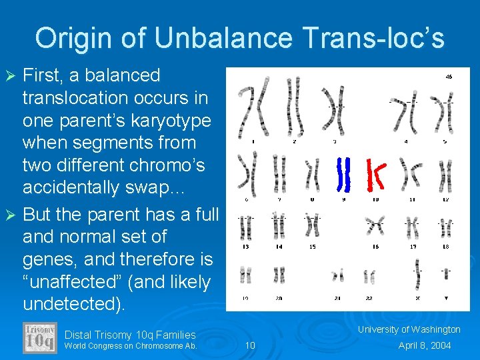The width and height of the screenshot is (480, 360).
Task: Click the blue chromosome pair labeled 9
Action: (343, 174)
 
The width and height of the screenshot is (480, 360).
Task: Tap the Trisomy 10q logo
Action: (40, 338)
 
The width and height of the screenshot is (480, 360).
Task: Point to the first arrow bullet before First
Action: (11, 76)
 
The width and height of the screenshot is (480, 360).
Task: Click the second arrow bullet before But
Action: (11, 215)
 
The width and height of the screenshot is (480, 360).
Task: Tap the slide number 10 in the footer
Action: (250, 345)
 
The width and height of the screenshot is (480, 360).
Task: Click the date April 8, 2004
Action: (425, 345)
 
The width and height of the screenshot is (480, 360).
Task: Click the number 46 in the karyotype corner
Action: (449, 77)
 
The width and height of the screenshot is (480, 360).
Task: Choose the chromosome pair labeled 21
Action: (339, 275)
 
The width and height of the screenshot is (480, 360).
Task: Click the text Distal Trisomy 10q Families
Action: (130, 335)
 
